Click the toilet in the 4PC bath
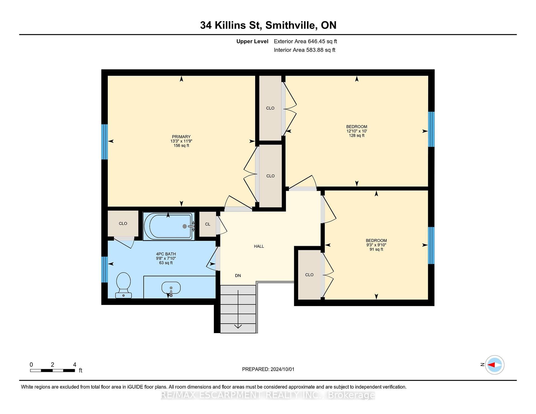pos(123,285)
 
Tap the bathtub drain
pos(185,226)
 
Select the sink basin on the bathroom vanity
pos(171,288)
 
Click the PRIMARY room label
pos(181,137)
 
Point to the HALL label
pos(259,246)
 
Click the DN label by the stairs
pos(238,276)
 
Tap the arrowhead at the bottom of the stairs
pos(238,326)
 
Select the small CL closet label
pos(208,224)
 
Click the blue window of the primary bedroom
pos(104,142)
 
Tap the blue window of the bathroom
pos(104,269)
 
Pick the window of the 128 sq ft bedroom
pos(431,129)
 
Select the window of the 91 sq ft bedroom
pos(431,245)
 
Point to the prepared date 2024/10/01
pos(282,369)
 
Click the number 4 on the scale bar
pos(75,365)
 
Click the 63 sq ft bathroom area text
pos(166,263)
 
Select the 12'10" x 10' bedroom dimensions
pos(356,131)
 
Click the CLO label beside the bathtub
pos(123,224)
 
